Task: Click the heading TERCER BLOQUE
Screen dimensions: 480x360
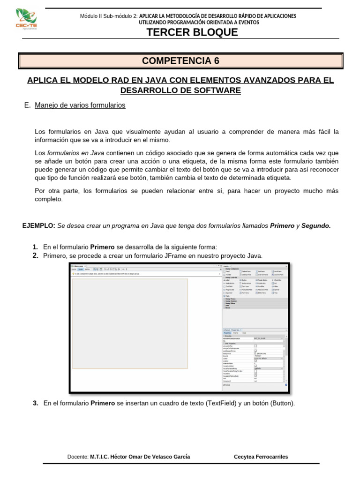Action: pyautogui.click(x=192, y=32)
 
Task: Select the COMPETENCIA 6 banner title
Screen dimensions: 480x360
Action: pyautogui.click(x=180, y=61)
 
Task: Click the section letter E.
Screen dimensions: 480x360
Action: pyautogui.click(x=26, y=105)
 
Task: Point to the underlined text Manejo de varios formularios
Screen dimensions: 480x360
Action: pyautogui.click(x=80, y=105)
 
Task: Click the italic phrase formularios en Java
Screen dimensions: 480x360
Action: pyautogui.click(x=76, y=153)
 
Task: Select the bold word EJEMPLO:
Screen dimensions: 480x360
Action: pyautogui.click(x=39, y=225)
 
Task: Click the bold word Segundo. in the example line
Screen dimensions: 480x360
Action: pyautogui.click(x=316, y=225)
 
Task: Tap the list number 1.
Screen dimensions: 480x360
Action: pyautogui.click(x=35, y=247)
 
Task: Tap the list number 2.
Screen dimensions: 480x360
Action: pyautogui.click(x=35, y=255)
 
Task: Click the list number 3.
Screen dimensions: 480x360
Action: pyautogui.click(x=35, y=403)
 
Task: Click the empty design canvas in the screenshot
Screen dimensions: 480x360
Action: pyautogui.click(x=130, y=323)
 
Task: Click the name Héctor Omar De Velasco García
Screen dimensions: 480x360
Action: pyautogui.click(x=140, y=457)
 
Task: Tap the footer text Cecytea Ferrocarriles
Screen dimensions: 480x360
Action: pyautogui.click(x=261, y=457)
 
